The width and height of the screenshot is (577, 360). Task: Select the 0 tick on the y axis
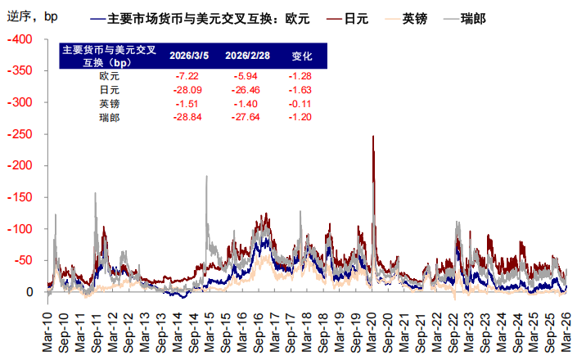pyautogui.click(x=29, y=292)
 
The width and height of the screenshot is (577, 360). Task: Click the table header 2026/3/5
pyautogui.click(x=188, y=56)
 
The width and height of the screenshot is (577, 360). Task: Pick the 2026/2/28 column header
pyautogui.click(x=245, y=56)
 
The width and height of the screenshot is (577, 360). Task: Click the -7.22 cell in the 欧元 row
pyautogui.click(x=188, y=75)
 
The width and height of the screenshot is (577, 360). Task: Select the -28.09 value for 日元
pyautogui.click(x=188, y=89)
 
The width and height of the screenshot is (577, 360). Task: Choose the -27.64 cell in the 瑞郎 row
pyautogui.click(x=245, y=118)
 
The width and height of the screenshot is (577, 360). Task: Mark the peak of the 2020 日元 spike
pyautogui.click(x=373, y=137)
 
